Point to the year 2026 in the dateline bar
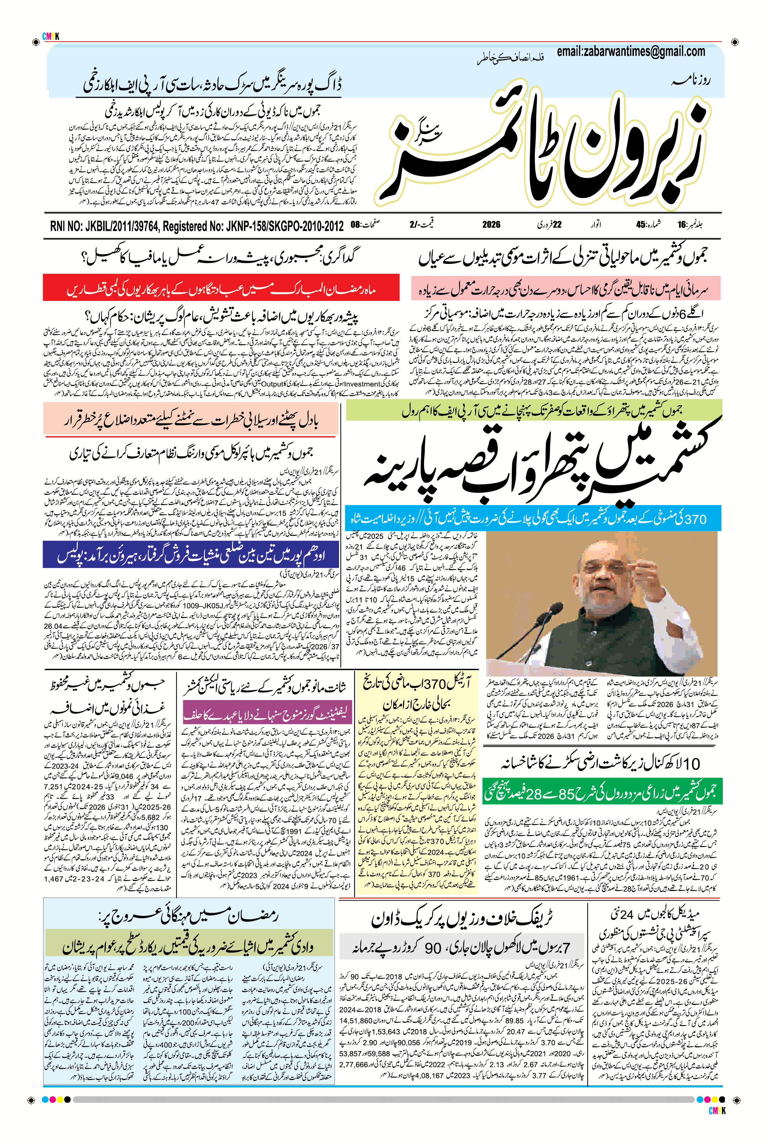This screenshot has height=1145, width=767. (491, 224)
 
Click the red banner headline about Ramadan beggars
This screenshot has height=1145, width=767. (221, 288)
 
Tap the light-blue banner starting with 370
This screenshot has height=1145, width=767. (533, 519)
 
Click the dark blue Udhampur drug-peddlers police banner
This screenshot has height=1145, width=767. (191, 554)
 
